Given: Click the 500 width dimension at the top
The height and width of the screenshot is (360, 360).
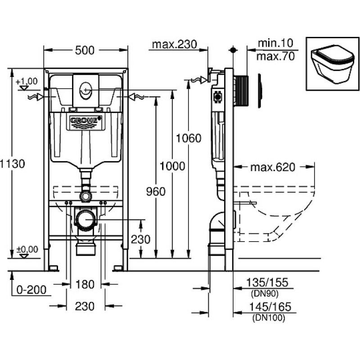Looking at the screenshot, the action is [85, 50].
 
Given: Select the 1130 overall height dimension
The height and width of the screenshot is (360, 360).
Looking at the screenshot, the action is [12, 164].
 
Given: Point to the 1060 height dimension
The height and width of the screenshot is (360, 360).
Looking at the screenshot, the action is [189, 138].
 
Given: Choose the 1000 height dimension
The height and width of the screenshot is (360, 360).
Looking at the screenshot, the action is [172, 166].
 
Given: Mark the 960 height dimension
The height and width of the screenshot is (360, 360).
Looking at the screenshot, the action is [156, 192].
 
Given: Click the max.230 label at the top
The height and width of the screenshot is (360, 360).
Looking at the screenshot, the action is [175, 44].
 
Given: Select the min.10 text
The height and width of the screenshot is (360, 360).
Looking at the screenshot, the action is [276, 43].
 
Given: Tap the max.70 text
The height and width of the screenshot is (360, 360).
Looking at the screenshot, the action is [275, 57].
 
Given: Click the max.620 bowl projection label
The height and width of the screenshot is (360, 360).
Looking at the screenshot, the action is [273, 167].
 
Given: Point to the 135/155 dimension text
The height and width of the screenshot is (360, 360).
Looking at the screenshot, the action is [267, 283].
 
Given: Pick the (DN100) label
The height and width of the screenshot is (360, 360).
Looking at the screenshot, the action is [269, 318].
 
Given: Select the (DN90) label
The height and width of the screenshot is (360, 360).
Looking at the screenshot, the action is [265, 293].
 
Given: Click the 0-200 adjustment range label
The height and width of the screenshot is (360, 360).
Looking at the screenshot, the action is [31, 290].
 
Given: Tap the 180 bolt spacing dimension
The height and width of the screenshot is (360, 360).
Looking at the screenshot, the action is [85, 284].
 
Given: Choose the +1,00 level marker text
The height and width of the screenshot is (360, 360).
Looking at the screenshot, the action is [27, 81].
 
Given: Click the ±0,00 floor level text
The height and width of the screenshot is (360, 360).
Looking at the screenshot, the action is [27, 249].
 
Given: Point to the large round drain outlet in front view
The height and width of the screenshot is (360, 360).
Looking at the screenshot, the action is [85, 219].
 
